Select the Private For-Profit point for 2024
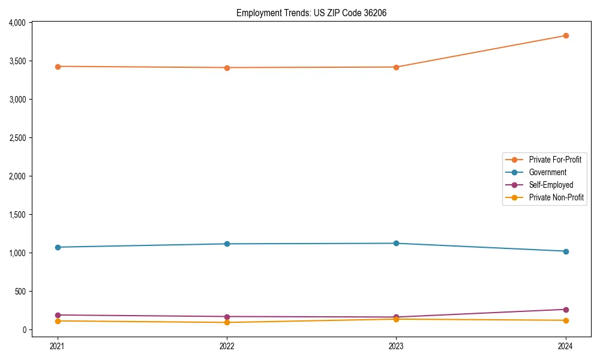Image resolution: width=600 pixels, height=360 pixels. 565,35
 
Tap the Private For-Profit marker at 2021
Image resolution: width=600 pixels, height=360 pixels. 58,67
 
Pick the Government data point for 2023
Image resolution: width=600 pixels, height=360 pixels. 396,243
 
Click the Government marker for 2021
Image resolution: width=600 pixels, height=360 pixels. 58,247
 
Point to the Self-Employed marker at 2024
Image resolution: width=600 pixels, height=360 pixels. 565,310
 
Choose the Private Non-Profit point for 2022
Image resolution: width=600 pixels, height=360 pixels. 227,322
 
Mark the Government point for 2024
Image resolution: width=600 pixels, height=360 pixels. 565,251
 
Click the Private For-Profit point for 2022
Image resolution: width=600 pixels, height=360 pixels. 227,68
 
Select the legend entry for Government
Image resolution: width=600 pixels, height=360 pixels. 547,172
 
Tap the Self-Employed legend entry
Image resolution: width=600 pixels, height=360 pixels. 551,185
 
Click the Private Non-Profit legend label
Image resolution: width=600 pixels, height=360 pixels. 556,197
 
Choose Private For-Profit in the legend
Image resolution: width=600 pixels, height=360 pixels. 555,160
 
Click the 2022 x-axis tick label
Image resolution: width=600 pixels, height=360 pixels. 227,346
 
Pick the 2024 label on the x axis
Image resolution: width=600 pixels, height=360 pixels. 565,346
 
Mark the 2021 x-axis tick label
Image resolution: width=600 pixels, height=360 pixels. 58,346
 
